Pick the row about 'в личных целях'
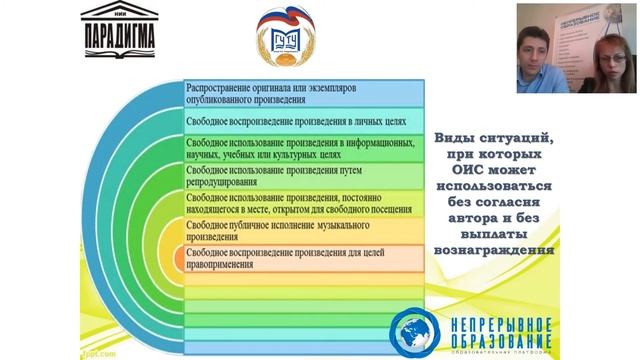(x=300, y=121)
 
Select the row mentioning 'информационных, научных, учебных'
(x=300, y=149)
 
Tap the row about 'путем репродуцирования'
(x=300, y=176)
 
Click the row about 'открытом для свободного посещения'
(x=300, y=204)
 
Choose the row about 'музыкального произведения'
(x=300, y=231)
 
